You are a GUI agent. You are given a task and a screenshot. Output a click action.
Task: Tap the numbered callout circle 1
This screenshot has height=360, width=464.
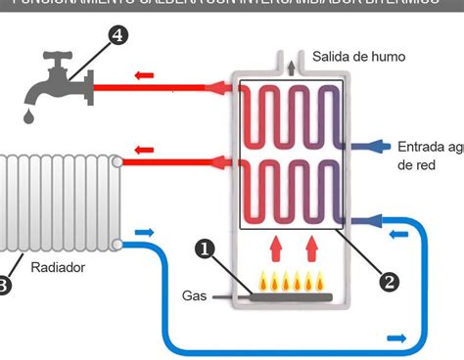point(205,249)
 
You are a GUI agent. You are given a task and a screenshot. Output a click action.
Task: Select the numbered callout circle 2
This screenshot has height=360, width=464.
point(389,282)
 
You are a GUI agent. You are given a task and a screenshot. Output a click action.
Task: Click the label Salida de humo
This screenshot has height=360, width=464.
point(358,57)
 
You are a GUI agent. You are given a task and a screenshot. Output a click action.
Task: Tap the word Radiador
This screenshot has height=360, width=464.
point(58,266)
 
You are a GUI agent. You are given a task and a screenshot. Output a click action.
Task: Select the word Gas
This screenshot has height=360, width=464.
point(194,294)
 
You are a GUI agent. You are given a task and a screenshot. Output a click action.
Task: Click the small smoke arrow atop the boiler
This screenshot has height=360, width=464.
point(290,67)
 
